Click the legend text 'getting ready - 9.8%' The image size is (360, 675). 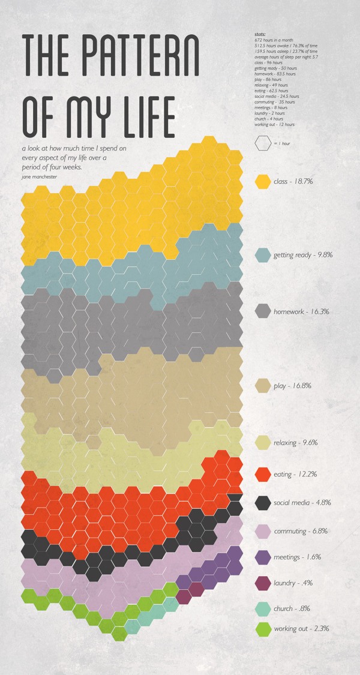point(303,255)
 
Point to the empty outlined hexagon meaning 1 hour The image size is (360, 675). point(262,143)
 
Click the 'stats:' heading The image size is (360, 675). point(259,36)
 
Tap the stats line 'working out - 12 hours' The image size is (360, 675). point(274,124)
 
